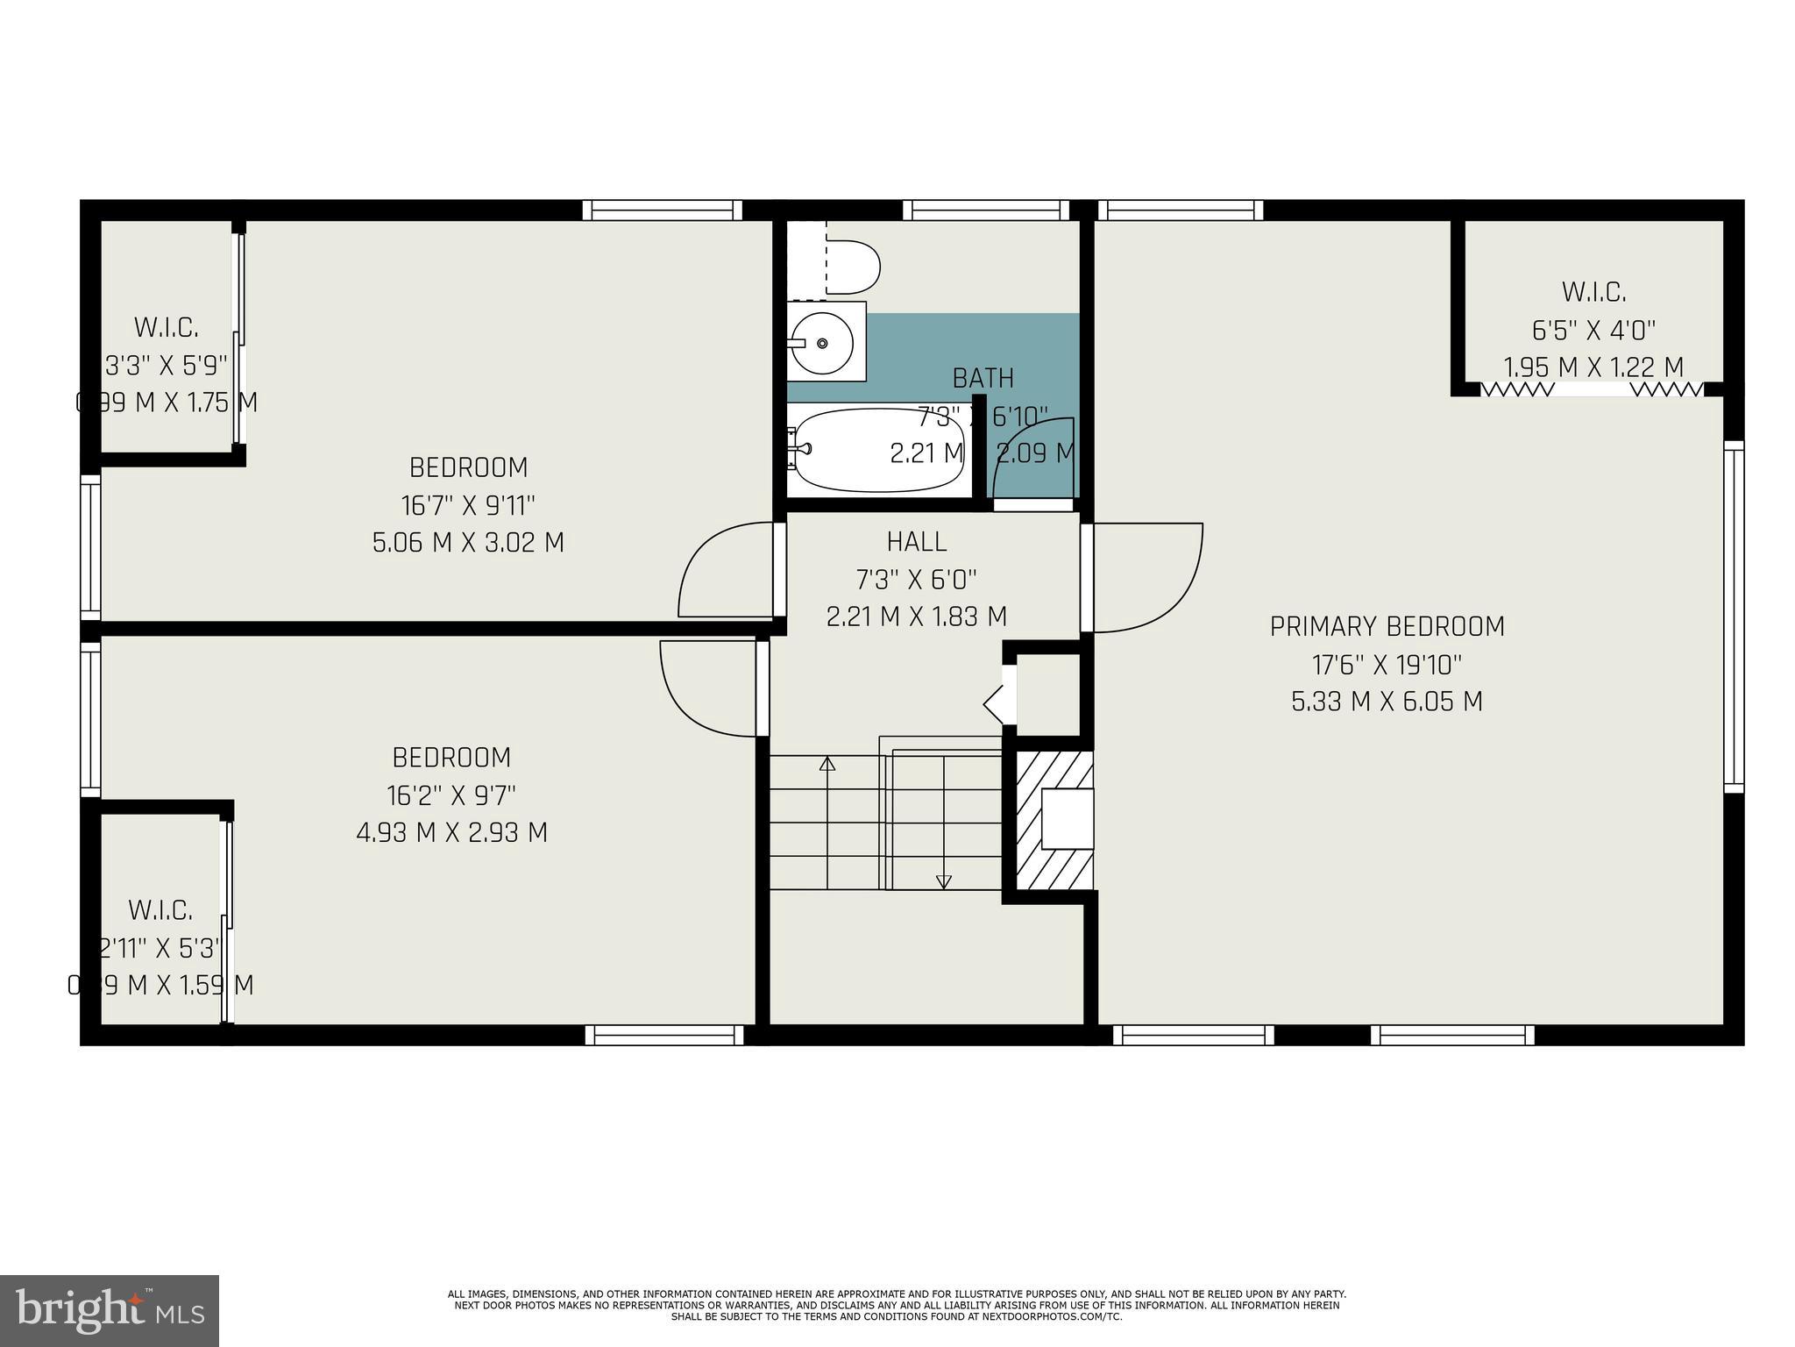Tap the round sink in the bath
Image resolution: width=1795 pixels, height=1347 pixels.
point(821,343)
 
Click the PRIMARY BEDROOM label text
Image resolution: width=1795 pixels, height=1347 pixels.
point(1387,626)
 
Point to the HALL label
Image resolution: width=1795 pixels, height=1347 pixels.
point(916,542)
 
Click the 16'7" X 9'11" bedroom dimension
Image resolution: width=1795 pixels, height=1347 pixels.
point(468,505)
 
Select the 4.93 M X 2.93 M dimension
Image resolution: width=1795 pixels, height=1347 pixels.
point(451,831)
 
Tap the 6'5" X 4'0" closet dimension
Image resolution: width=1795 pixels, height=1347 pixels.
point(1593,331)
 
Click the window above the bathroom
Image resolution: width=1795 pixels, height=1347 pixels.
point(986,210)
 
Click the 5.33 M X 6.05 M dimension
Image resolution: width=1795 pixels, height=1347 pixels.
point(1387,702)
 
